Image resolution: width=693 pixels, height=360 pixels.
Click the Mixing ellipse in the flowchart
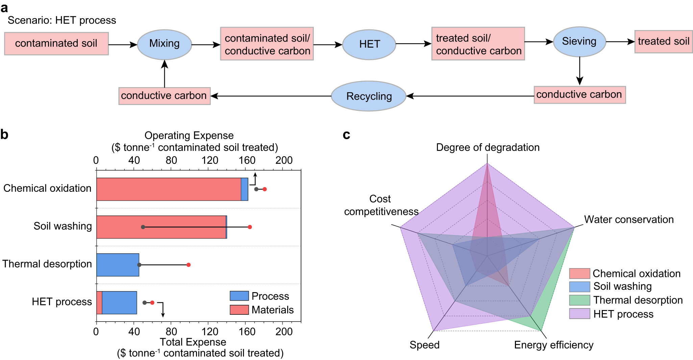point(164,44)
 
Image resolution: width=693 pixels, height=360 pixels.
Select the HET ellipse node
point(369,44)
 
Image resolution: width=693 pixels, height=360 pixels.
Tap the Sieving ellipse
point(579,42)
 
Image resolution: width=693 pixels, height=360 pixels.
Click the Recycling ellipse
point(369,96)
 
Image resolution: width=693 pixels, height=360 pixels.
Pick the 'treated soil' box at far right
point(663,42)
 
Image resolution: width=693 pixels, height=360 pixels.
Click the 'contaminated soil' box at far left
point(56,44)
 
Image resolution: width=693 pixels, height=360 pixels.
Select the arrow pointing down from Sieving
point(579,71)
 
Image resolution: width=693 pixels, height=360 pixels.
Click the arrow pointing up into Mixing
point(165,74)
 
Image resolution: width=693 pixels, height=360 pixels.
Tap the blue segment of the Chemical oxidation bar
point(245,189)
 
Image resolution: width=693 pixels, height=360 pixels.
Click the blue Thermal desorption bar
point(118,265)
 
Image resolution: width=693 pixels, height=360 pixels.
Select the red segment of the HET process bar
point(99,303)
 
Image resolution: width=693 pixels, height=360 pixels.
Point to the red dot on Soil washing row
point(250,227)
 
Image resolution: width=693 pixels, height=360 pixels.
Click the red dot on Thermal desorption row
point(189,265)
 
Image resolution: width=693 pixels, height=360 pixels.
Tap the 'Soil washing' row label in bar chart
point(63,226)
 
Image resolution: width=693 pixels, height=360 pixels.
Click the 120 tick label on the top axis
point(209,160)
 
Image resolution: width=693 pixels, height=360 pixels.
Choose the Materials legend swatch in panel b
point(239,310)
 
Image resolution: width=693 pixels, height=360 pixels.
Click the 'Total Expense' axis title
point(193,342)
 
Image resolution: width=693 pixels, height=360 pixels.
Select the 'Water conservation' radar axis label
point(629,220)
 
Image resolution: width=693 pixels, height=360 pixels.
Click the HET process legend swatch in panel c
point(579,314)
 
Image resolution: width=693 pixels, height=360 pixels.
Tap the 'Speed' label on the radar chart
point(424,345)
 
